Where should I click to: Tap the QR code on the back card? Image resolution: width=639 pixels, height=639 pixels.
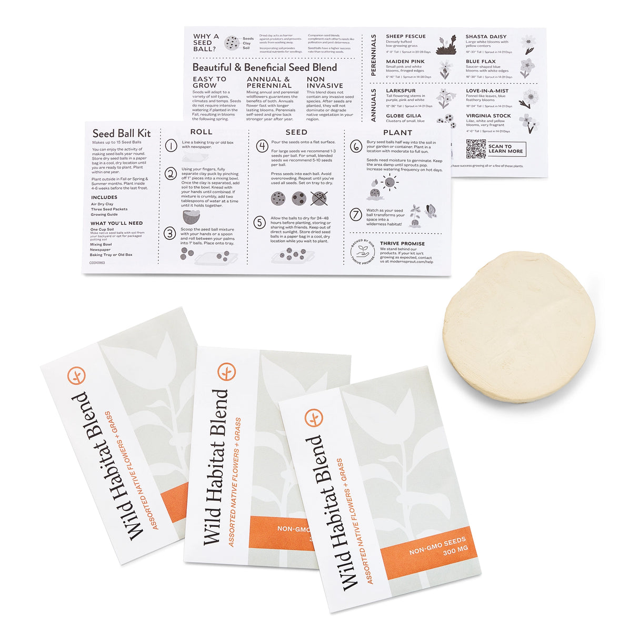[x=476, y=149]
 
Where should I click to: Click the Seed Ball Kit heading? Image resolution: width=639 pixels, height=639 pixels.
[x=122, y=134]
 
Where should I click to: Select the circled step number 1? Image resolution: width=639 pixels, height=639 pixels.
[x=171, y=146]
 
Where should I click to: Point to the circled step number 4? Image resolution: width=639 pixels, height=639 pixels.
[x=262, y=146]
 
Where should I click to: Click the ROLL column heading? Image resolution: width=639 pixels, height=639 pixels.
[x=201, y=132]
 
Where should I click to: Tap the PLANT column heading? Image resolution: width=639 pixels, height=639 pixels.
[x=397, y=133]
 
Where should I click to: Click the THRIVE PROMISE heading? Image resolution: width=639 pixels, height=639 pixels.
[x=402, y=244]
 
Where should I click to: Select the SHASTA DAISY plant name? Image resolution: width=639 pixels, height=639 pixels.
[x=486, y=37]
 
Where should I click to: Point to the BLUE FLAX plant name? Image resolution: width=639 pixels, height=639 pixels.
[x=481, y=62]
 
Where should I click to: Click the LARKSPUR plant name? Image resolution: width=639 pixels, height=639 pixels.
[x=401, y=91]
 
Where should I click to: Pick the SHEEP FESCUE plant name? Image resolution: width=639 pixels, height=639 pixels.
[x=405, y=36]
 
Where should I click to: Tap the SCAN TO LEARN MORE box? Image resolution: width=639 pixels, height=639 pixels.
[x=505, y=149]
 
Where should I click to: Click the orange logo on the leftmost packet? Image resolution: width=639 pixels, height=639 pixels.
[x=77, y=376]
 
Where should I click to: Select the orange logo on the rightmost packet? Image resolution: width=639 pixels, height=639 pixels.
[x=314, y=418]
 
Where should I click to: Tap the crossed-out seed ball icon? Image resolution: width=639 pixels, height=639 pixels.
[x=319, y=198]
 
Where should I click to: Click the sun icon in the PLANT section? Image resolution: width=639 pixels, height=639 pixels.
[x=390, y=183]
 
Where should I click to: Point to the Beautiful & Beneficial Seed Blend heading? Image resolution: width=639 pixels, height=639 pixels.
[x=265, y=67]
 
